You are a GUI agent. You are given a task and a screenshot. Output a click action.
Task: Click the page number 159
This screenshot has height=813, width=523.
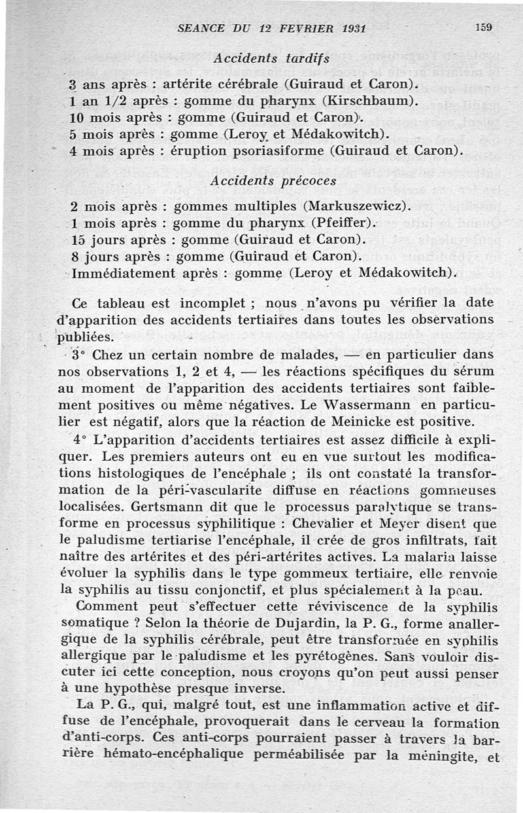point(483,27)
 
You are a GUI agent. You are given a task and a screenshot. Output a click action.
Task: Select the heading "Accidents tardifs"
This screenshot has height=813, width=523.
point(271,58)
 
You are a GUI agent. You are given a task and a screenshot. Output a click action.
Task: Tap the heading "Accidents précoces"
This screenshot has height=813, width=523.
point(275,180)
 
